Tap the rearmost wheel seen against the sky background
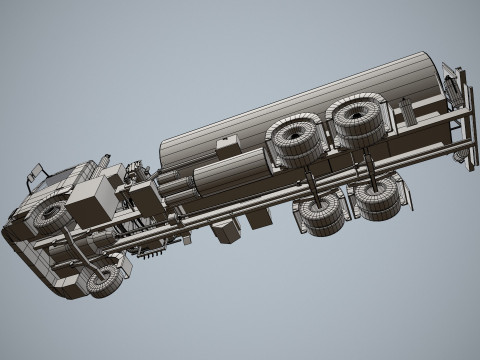pyautogui.click(x=379, y=198)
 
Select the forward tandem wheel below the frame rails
pyautogui.click(x=321, y=213)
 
